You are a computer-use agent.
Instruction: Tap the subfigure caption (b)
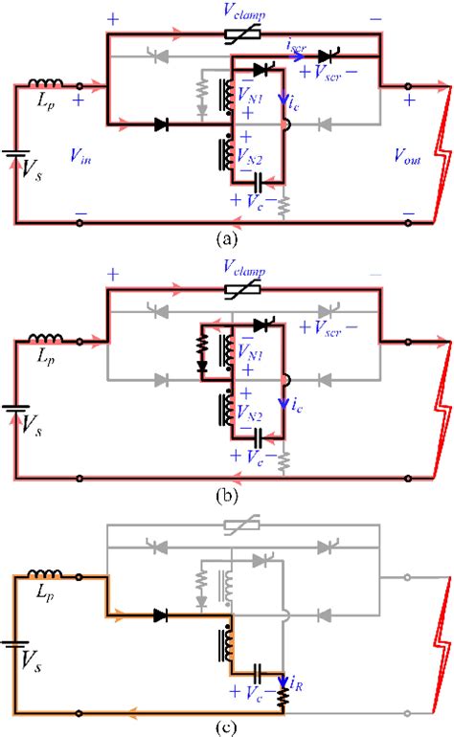click(227, 495)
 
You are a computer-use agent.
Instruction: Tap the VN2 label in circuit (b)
click(249, 413)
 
